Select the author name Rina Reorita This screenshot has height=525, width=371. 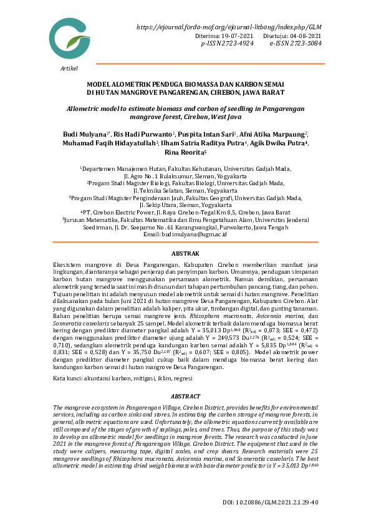(184, 152)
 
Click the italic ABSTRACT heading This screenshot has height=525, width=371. (186, 397)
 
